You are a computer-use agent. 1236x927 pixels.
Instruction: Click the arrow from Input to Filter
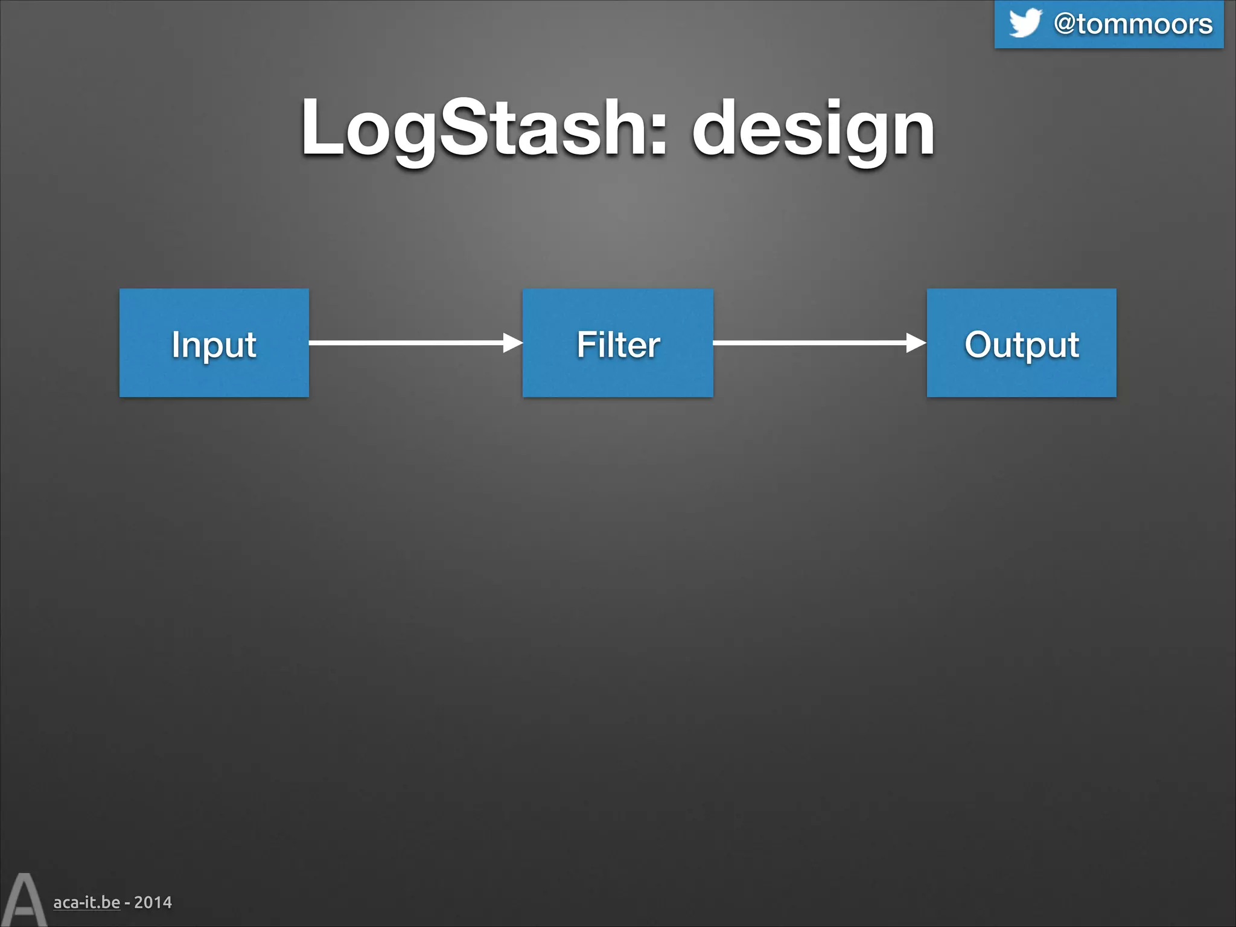click(x=404, y=343)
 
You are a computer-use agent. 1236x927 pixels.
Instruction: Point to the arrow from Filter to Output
click(x=809, y=343)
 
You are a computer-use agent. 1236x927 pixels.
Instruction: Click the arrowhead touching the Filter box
click(x=512, y=343)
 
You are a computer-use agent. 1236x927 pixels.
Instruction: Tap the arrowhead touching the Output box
click(x=916, y=343)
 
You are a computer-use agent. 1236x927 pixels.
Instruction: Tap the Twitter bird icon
click(x=1025, y=23)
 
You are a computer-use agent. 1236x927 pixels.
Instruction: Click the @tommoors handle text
click(x=1133, y=24)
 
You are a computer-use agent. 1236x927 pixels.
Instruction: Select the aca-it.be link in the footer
click(x=86, y=902)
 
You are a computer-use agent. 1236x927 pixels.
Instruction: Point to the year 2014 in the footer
click(x=153, y=902)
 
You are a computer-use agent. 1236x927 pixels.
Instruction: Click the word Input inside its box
click(x=214, y=345)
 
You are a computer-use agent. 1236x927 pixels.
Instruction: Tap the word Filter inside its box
click(x=617, y=345)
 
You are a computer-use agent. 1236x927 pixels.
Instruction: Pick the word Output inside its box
click(x=1021, y=345)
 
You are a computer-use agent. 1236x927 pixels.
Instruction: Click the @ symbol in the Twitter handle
click(x=1065, y=24)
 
